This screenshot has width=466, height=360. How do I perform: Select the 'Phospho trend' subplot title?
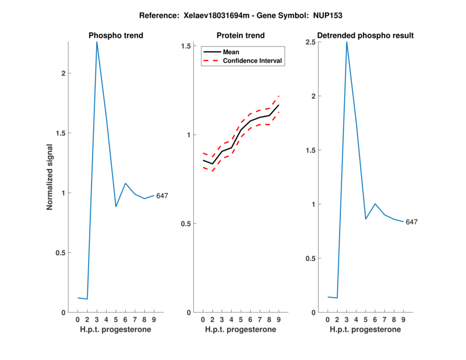115,36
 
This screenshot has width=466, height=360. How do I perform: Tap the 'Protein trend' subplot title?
241,36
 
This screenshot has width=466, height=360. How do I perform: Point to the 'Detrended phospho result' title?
365,36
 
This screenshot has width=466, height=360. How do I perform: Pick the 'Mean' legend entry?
231,52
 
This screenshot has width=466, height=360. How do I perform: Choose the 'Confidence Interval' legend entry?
253,61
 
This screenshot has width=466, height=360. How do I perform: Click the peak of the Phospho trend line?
97,42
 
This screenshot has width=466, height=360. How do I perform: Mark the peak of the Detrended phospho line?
347,42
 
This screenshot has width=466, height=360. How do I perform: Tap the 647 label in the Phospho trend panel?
162,196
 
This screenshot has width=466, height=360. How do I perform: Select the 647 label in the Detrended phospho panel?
412,222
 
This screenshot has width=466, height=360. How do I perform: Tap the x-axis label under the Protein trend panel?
241,330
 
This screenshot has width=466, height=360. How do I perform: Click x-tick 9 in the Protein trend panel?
278,319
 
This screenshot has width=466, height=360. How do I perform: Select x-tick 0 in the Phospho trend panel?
78,319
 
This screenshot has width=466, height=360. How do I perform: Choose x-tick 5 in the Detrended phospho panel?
366,319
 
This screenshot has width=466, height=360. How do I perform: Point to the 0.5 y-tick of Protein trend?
186,224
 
